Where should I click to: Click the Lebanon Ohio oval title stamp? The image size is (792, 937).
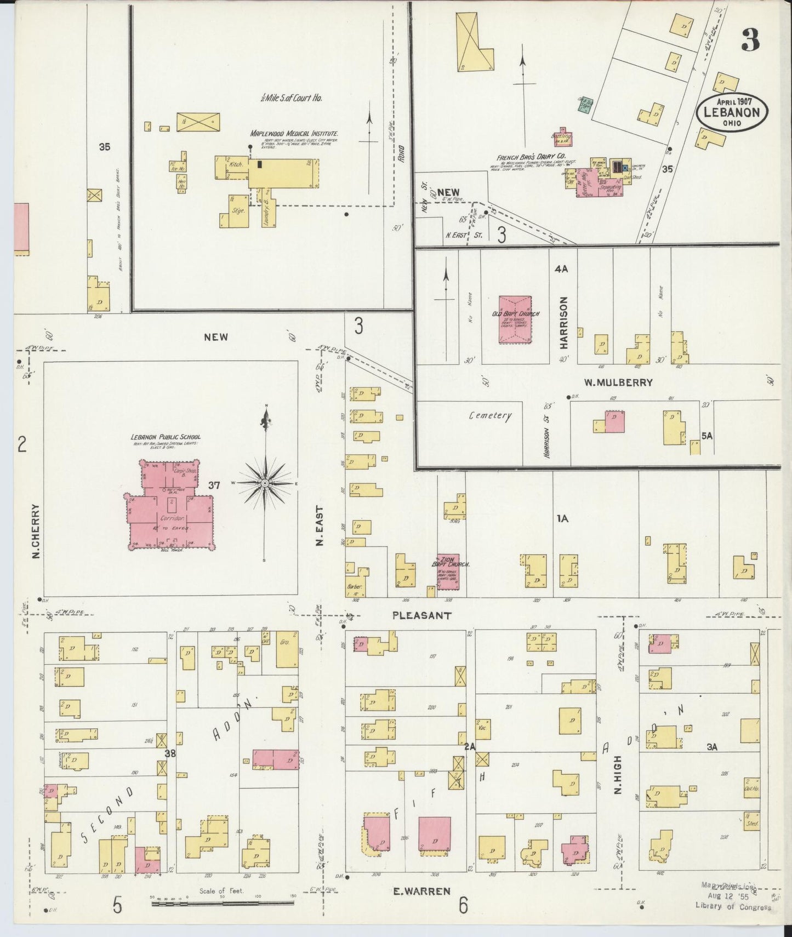pos(732,112)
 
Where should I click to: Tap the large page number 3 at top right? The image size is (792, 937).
pos(750,39)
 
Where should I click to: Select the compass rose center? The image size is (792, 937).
pos(265,483)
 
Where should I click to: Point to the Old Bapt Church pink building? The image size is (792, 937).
pos(515,320)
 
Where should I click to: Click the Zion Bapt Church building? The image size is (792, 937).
pos(448,571)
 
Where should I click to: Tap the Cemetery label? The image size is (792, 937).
pos(489,415)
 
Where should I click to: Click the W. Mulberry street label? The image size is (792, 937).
pos(618,382)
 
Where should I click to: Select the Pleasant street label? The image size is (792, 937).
pos(422,615)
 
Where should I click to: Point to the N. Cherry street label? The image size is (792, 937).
pos(37,531)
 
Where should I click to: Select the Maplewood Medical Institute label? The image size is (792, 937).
pos(294,134)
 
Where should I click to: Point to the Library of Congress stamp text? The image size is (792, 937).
pos(733,907)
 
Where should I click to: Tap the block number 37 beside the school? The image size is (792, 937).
pos(214,485)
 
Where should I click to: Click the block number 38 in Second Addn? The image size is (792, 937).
pos(170,753)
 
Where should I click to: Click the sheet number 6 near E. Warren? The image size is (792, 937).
pos(464,906)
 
